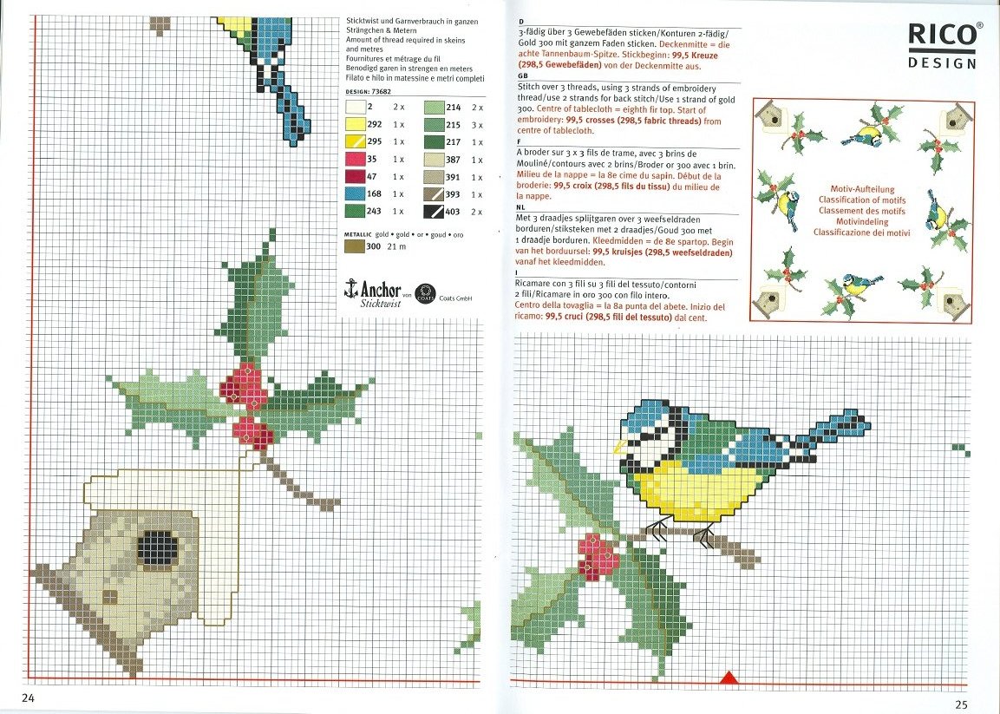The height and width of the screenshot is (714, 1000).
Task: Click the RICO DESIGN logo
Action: pos(943,45)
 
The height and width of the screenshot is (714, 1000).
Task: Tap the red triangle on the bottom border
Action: pos(729,678)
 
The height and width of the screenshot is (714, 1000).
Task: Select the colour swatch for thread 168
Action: pos(355,193)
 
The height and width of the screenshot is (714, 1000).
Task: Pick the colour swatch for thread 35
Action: pos(355,159)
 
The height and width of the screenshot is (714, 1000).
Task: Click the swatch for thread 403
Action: pos(433,211)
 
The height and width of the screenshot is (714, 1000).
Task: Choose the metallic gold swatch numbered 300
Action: pos(355,246)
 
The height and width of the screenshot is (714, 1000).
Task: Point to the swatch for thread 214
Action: pos(433,108)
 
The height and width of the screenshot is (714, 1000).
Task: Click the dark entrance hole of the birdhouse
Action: pos(159,549)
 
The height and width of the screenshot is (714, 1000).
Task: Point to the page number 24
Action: pos(27,698)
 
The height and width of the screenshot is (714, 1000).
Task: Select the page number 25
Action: pos(960,704)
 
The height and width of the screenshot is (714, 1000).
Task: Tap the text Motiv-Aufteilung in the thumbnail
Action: pos(861,188)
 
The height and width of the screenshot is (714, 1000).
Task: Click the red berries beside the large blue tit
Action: pos(598,556)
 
